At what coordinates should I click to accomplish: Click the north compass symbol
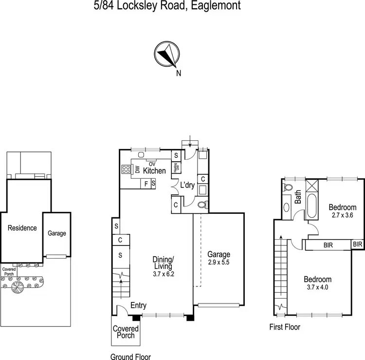coord(167,54)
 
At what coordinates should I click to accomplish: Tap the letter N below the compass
coord(179,74)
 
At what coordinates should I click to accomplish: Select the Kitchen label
coord(154,171)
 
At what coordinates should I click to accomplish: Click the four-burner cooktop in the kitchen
coord(127,170)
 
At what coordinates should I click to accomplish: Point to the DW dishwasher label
coord(137,170)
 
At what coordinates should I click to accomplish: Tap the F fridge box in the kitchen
coord(146,184)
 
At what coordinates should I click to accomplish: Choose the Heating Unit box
coord(176,167)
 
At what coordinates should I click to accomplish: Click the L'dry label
coord(188,186)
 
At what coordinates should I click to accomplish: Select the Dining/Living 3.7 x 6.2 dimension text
coord(163,274)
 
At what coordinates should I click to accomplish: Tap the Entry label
coord(139,305)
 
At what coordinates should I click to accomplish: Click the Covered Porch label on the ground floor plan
coord(126,332)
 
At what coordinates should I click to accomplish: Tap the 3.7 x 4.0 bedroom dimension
coord(317,287)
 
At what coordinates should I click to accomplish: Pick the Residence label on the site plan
coord(22,227)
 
